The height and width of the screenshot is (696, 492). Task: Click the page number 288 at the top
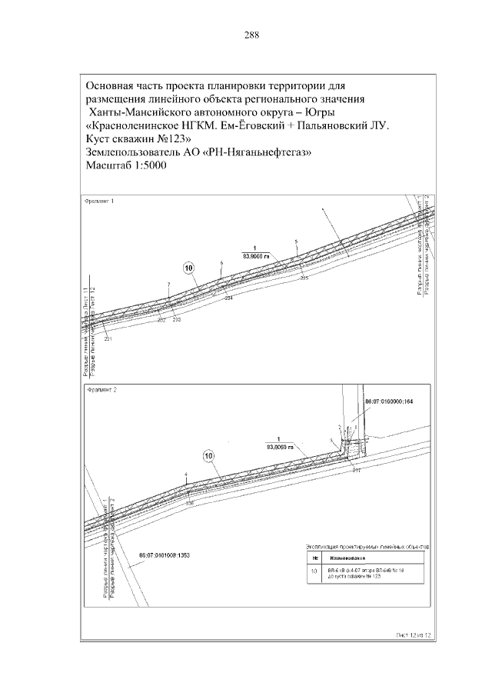pyautogui.click(x=251, y=35)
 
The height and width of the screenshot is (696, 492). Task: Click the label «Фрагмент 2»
pyautogui.click(x=101, y=391)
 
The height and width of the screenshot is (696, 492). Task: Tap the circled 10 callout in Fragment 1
pyautogui.click(x=190, y=268)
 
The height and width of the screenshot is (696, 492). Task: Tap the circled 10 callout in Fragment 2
pyautogui.click(x=208, y=455)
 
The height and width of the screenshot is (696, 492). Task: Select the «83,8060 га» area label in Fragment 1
pyautogui.click(x=257, y=254)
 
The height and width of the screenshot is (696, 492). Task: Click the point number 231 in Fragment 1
pyautogui.click(x=108, y=339)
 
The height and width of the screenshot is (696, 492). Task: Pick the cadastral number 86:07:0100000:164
pyautogui.click(x=388, y=401)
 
